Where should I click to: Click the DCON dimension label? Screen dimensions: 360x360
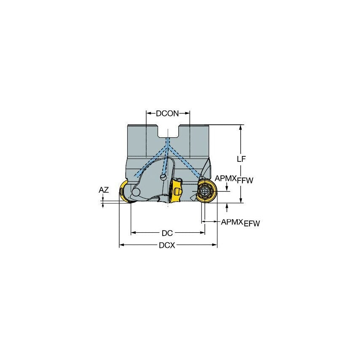pos(168,113)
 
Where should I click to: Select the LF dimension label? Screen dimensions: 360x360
pos(241,159)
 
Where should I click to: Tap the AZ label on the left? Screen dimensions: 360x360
pos(104,190)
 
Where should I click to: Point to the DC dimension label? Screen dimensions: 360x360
pos(167,233)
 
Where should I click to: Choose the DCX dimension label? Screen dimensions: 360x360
pos(167,245)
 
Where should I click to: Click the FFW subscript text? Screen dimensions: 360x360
pos(245,180)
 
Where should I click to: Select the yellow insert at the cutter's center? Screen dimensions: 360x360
pos(176,192)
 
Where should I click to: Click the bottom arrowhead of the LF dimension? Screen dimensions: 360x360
pos(241,200)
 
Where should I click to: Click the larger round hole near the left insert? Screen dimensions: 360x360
pos(136,193)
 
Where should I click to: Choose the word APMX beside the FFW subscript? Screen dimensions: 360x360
pos(226,178)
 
